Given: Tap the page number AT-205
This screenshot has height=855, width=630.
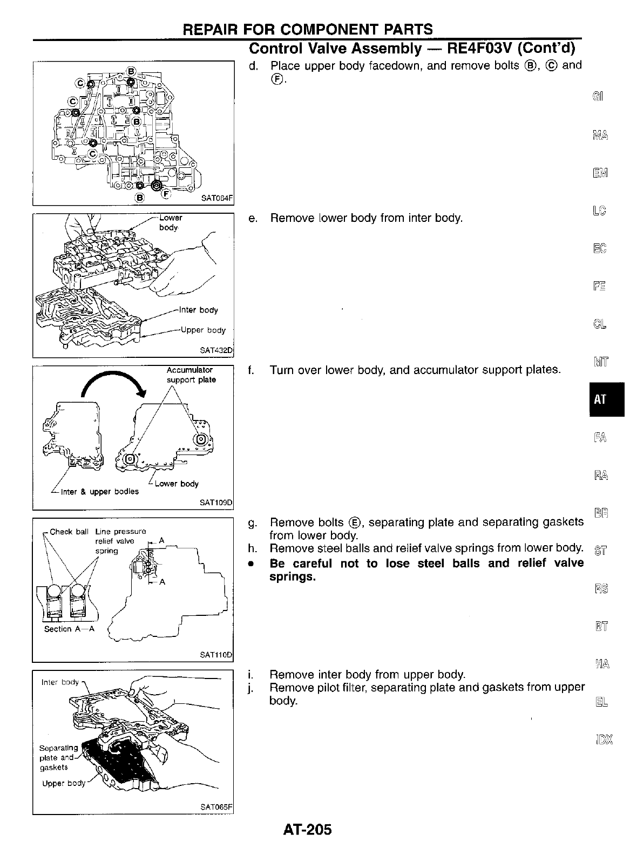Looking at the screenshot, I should (x=307, y=829).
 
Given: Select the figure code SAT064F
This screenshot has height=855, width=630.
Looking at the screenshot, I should (x=216, y=198).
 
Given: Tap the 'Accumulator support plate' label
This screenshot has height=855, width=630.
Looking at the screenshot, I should (x=191, y=375).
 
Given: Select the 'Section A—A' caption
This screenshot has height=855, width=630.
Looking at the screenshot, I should (x=69, y=629).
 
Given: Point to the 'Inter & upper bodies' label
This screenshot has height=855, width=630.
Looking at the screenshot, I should (x=99, y=492).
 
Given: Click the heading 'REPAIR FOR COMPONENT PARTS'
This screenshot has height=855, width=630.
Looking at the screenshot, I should (x=308, y=29).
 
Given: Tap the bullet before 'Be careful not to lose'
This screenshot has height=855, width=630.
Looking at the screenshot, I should (x=250, y=564).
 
